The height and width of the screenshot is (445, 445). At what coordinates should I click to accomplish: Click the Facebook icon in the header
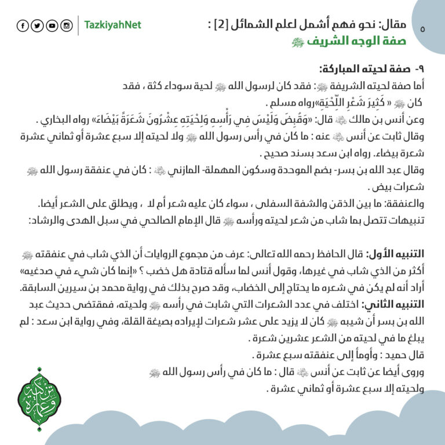[23, 25]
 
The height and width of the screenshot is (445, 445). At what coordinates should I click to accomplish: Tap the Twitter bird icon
[37, 25]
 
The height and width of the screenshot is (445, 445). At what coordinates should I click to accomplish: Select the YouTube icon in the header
[52, 25]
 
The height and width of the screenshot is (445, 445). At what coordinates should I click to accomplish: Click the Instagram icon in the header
[67, 25]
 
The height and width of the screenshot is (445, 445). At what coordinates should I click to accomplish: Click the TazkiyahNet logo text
[112, 25]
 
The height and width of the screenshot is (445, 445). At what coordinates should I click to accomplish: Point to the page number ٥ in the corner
[421, 28]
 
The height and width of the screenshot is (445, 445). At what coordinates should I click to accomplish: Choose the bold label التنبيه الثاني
[394, 304]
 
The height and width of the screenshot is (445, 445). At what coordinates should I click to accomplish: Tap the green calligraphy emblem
[39, 400]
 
